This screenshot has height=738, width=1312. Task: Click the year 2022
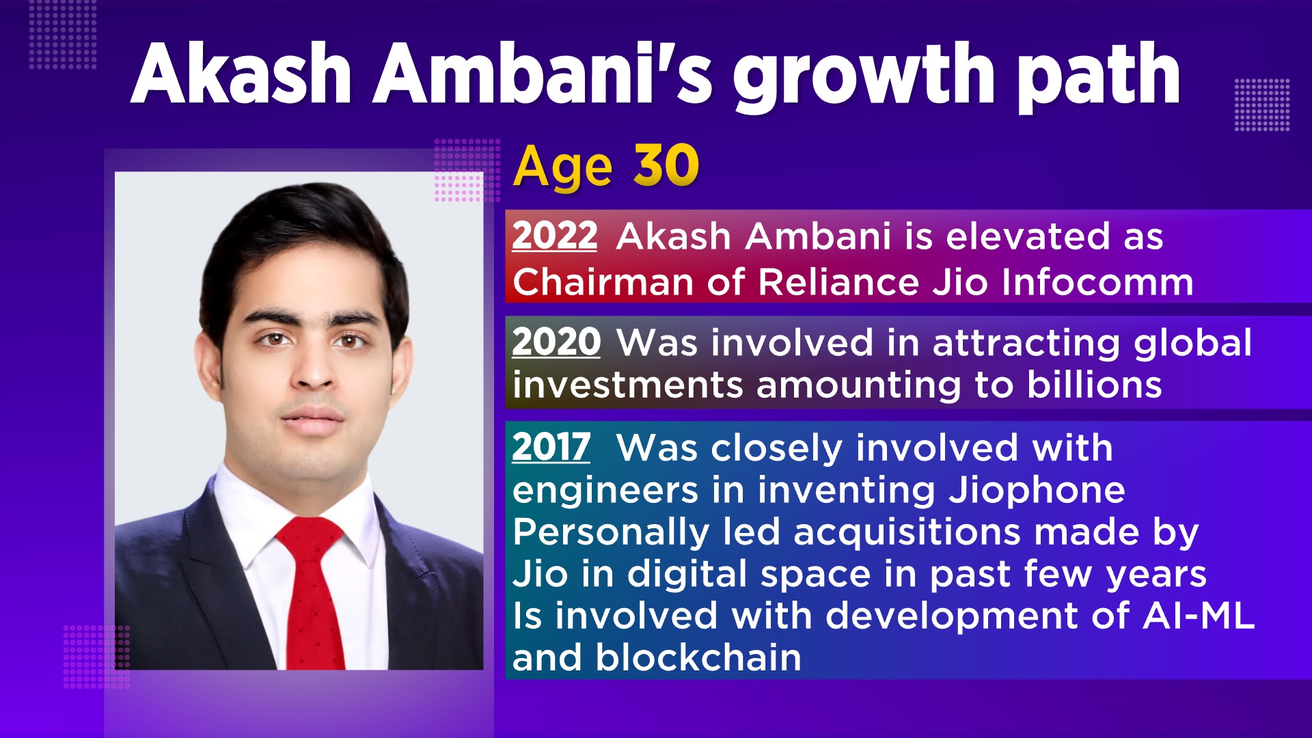(555, 236)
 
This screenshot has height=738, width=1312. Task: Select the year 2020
(556, 342)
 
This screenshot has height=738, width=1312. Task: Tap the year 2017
(551, 448)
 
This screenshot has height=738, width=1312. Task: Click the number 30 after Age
(666, 165)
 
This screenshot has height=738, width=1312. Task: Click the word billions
(1094, 385)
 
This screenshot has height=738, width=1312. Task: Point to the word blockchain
(698, 657)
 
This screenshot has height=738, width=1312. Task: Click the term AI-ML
(1198, 616)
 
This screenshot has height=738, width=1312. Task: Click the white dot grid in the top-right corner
(1261, 105)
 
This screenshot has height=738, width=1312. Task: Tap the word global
(1192, 343)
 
